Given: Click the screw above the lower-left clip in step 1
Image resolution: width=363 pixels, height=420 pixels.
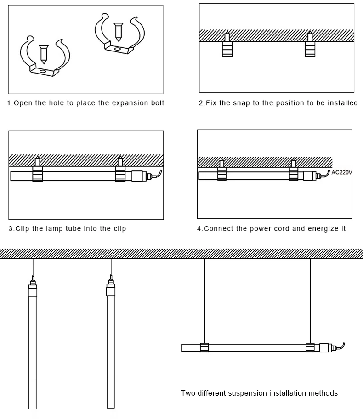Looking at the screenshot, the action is pyautogui.click(x=44, y=54).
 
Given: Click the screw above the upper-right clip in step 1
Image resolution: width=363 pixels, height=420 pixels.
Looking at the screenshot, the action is pyautogui.click(x=118, y=32).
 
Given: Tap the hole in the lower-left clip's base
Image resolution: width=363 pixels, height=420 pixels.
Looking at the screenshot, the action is pyautogui.click(x=43, y=72).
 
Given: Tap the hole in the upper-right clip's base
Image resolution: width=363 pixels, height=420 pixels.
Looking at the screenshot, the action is pyautogui.click(x=117, y=49).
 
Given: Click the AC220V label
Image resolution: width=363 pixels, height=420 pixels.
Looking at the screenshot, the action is pyautogui.click(x=341, y=172).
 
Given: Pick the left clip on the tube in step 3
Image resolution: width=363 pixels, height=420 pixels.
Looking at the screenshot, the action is pyautogui.click(x=38, y=174).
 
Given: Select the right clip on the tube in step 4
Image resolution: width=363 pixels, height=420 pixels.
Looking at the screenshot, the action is pyautogui.click(x=294, y=174).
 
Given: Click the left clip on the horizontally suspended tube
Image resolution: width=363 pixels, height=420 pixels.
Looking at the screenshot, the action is pyautogui.click(x=204, y=347).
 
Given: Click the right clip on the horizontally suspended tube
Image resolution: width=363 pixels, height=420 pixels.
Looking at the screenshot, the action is pyautogui.click(x=310, y=347).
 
